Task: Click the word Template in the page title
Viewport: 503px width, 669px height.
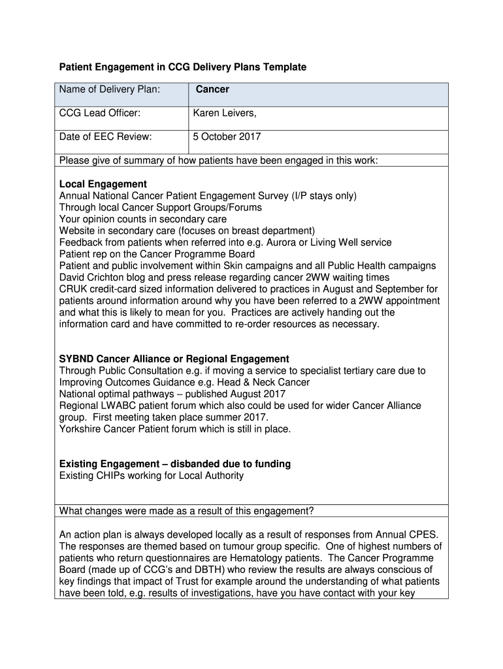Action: click(x=283, y=67)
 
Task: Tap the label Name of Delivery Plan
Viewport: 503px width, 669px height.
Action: click(x=110, y=89)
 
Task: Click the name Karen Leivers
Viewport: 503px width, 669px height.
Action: click(x=224, y=114)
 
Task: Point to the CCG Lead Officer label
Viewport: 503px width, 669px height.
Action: click(x=99, y=114)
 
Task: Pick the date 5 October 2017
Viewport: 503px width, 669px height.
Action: click(x=227, y=137)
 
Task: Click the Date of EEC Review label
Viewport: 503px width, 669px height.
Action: click(x=105, y=137)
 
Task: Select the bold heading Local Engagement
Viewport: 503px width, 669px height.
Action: click(x=103, y=184)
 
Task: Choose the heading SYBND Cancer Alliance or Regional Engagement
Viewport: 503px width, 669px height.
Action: click(x=174, y=359)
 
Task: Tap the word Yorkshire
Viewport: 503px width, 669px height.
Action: click(x=80, y=429)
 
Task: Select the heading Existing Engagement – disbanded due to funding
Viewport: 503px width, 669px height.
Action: click(x=175, y=464)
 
